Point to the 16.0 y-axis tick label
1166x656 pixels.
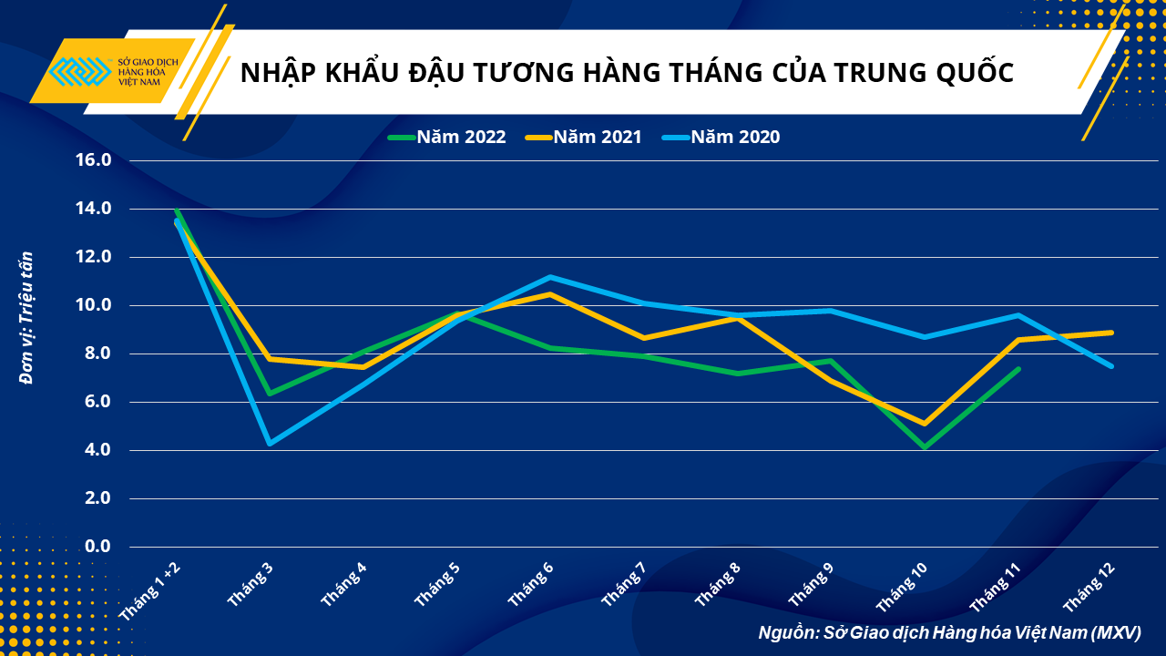pyautogui.click(x=94, y=160)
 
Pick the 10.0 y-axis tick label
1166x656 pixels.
pyautogui.click(x=94, y=305)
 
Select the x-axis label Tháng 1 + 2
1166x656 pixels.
pyautogui.click(x=151, y=591)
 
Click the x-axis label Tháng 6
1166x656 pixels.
pyautogui.click(x=532, y=585)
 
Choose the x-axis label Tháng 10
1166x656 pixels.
pyautogui.click(x=903, y=587)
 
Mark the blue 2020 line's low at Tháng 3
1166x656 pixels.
pyautogui.click(x=270, y=443)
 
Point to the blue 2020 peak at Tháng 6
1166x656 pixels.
pyautogui.click(x=550, y=277)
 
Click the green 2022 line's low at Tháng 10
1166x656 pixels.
pyautogui.click(x=925, y=447)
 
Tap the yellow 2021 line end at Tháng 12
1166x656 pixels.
pyautogui.click(x=1111, y=333)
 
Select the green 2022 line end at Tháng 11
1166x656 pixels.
pyautogui.click(x=1018, y=369)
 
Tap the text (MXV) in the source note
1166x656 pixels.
pyautogui.click(x=1115, y=632)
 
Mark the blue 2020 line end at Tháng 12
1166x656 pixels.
pyautogui.click(x=1111, y=366)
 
